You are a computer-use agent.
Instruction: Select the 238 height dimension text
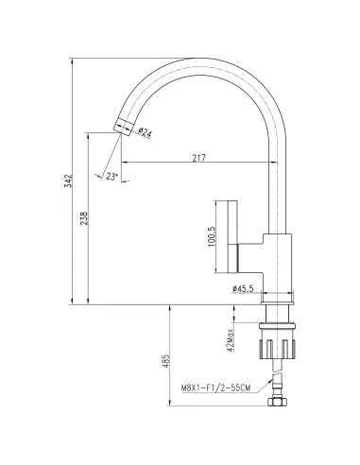[x=85, y=218]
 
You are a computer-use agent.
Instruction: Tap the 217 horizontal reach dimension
[x=199, y=157]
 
